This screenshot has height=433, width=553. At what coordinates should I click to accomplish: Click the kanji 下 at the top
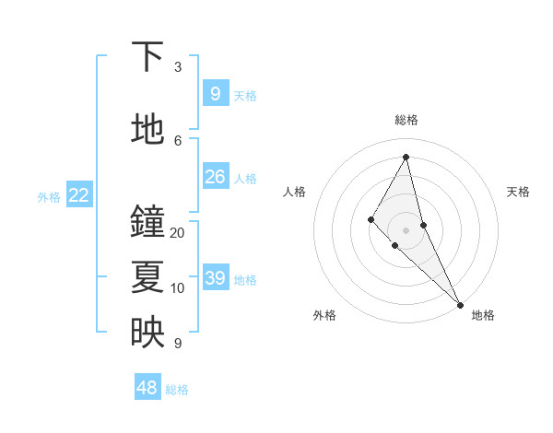click(147, 57)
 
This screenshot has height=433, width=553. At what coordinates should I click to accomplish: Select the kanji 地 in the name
click(147, 129)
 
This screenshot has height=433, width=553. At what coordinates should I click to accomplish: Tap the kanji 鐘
click(147, 221)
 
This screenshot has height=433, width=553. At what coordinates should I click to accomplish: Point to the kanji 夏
click(147, 276)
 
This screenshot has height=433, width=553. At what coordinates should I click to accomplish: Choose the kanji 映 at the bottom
click(147, 332)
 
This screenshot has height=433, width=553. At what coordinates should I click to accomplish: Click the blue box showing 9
click(215, 93)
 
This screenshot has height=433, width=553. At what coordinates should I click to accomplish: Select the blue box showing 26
click(215, 176)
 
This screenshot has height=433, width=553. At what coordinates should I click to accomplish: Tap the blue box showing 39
click(215, 277)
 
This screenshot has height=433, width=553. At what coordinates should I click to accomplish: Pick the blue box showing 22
click(79, 194)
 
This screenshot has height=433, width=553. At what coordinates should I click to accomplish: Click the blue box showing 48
click(147, 388)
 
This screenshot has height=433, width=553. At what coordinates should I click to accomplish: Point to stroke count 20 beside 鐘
click(178, 233)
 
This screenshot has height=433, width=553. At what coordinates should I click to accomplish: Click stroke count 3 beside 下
click(178, 67)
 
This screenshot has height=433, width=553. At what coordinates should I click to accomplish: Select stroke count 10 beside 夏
click(178, 288)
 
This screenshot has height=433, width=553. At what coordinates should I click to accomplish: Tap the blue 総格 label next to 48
click(177, 390)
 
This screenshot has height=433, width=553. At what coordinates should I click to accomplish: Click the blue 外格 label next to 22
click(49, 196)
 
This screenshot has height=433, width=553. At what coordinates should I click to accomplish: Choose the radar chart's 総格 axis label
click(406, 120)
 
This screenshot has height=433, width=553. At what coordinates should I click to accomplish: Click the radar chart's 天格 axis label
click(518, 192)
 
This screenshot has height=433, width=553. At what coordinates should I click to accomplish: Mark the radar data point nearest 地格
click(460, 303)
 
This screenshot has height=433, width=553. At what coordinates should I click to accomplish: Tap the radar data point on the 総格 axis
click(406, 157)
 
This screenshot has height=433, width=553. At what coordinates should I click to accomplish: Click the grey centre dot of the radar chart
click(406, 229)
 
